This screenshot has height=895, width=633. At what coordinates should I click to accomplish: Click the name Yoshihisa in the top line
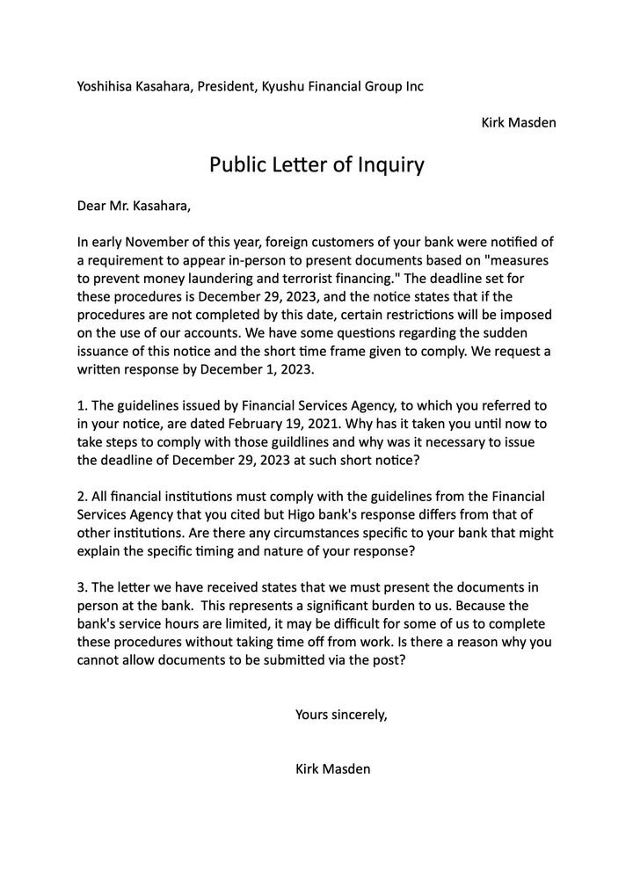click(107, 87)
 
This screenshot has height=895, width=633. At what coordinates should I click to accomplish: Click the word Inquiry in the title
click(390, 164)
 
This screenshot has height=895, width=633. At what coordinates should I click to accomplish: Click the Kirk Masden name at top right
click(518, 121)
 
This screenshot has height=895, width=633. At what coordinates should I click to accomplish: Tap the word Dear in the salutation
click(93, 207)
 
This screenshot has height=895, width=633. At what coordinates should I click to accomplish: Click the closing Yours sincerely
click(341, 714)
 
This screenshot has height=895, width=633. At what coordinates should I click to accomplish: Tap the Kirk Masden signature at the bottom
click(333, 769)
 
